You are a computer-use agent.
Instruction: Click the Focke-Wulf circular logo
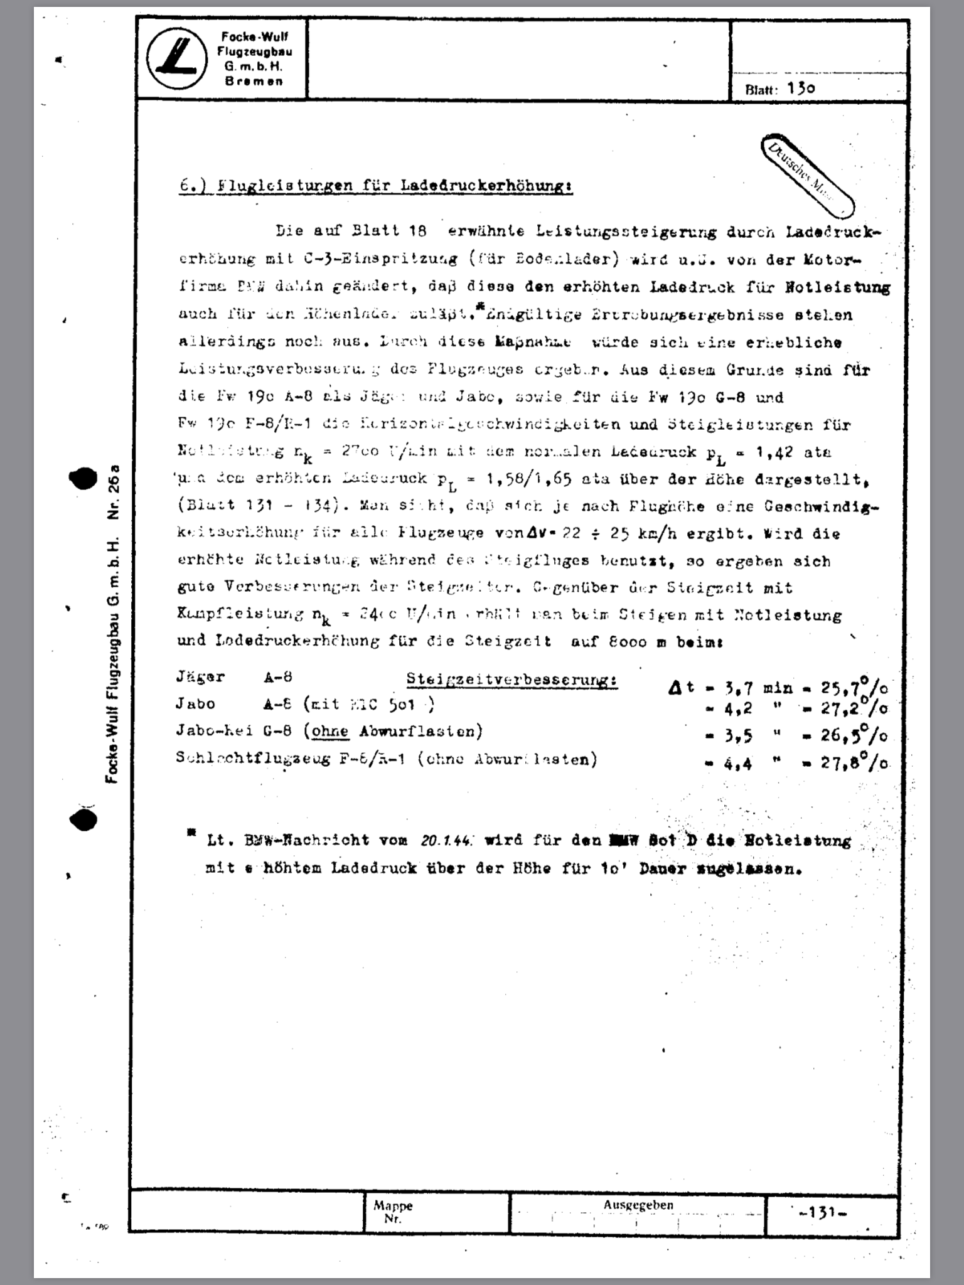pos(177,60)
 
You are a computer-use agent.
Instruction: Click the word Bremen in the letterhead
pos(254,82)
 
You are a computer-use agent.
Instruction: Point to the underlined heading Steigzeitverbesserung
pos(511,680)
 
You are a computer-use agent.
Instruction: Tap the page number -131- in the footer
pos(823,1213)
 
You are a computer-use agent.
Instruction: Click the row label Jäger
pos(200,678)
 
